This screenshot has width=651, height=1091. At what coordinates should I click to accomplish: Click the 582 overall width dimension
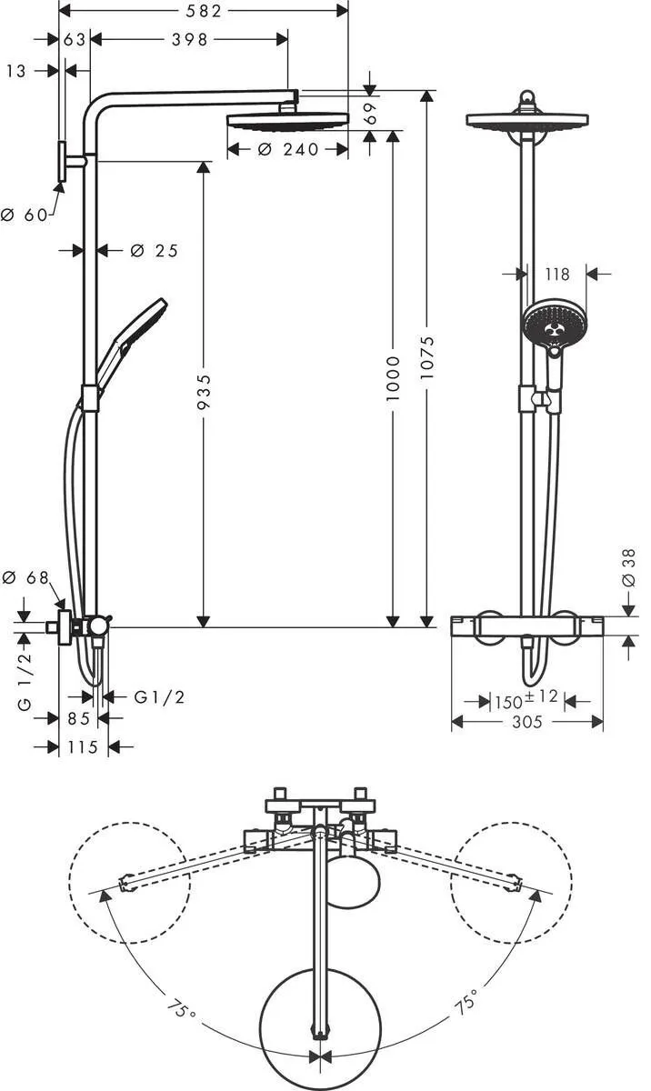[204, 11]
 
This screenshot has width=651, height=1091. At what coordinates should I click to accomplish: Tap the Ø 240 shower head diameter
[288, 150]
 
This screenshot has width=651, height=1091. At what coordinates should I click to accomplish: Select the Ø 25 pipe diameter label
[154, 251]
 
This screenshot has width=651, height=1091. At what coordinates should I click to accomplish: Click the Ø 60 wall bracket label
[23, 215]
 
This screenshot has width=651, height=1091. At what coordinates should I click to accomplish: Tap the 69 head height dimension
[369, 113]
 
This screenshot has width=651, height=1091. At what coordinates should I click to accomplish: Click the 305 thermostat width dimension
[527, 722]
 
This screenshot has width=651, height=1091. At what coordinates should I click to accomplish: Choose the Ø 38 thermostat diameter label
[628, 568]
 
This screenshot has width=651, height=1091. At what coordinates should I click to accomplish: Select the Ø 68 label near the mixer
[25, 577]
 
